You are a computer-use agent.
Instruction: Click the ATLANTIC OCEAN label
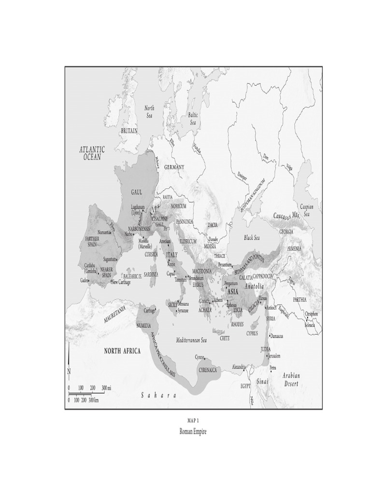[x=92, y=153]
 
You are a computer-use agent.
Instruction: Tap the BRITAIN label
[x=129, y=131]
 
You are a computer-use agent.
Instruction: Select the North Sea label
[x=150, y=112]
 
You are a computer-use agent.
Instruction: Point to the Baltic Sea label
[x=193, y=119]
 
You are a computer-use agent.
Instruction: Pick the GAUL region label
[x=137, y=192]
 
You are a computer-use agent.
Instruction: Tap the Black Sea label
[x=252, y=238]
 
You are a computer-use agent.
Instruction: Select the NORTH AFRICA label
[x=123, y=351]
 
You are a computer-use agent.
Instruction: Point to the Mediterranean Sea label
[x=191, y=340]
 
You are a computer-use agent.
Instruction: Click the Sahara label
[x=158, y=396]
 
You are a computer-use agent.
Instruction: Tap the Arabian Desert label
[x=291, y=379]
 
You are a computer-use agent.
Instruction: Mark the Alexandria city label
[x=239, y=367]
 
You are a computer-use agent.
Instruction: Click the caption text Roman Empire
[x=193, y=431]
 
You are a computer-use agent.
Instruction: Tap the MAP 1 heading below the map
[x=193, y=421]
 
